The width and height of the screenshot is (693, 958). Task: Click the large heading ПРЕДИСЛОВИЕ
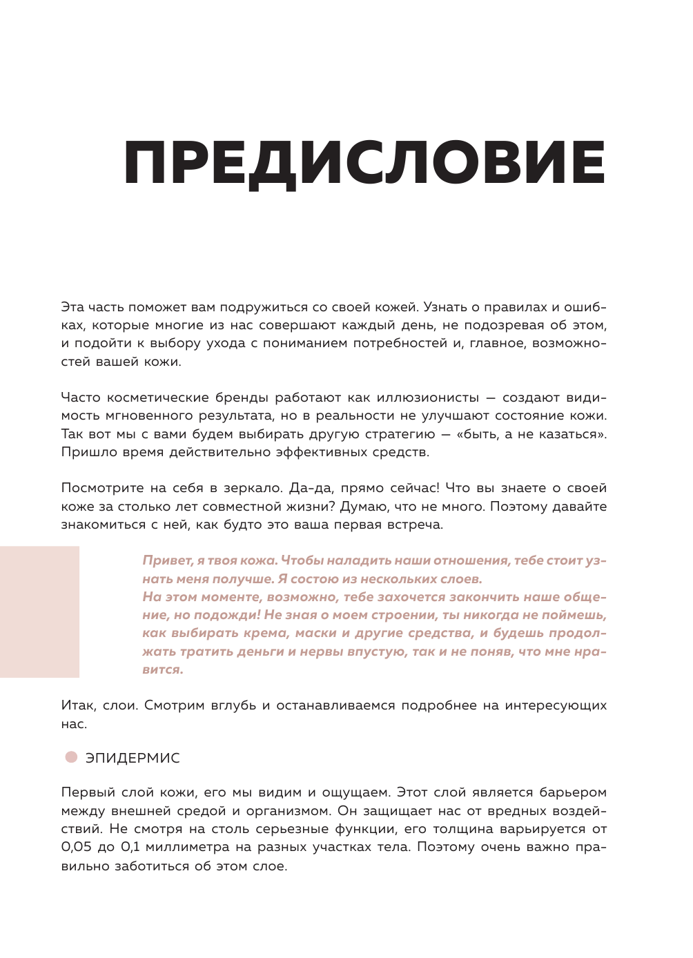click(364, 164)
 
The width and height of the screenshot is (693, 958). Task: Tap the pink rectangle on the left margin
click(39, 612)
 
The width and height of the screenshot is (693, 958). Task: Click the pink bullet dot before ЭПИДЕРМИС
click(71, 757)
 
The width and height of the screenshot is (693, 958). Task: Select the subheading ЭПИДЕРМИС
click(133, 758)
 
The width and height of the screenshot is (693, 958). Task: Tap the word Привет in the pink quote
click(167, 560)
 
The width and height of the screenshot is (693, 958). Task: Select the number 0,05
click(76, 847)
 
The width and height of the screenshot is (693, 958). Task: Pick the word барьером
click(573, 792)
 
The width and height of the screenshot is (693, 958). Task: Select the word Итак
click(78, 705)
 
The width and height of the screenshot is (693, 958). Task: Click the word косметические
click(157, 398)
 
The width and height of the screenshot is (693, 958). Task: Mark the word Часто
click(81, 398)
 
